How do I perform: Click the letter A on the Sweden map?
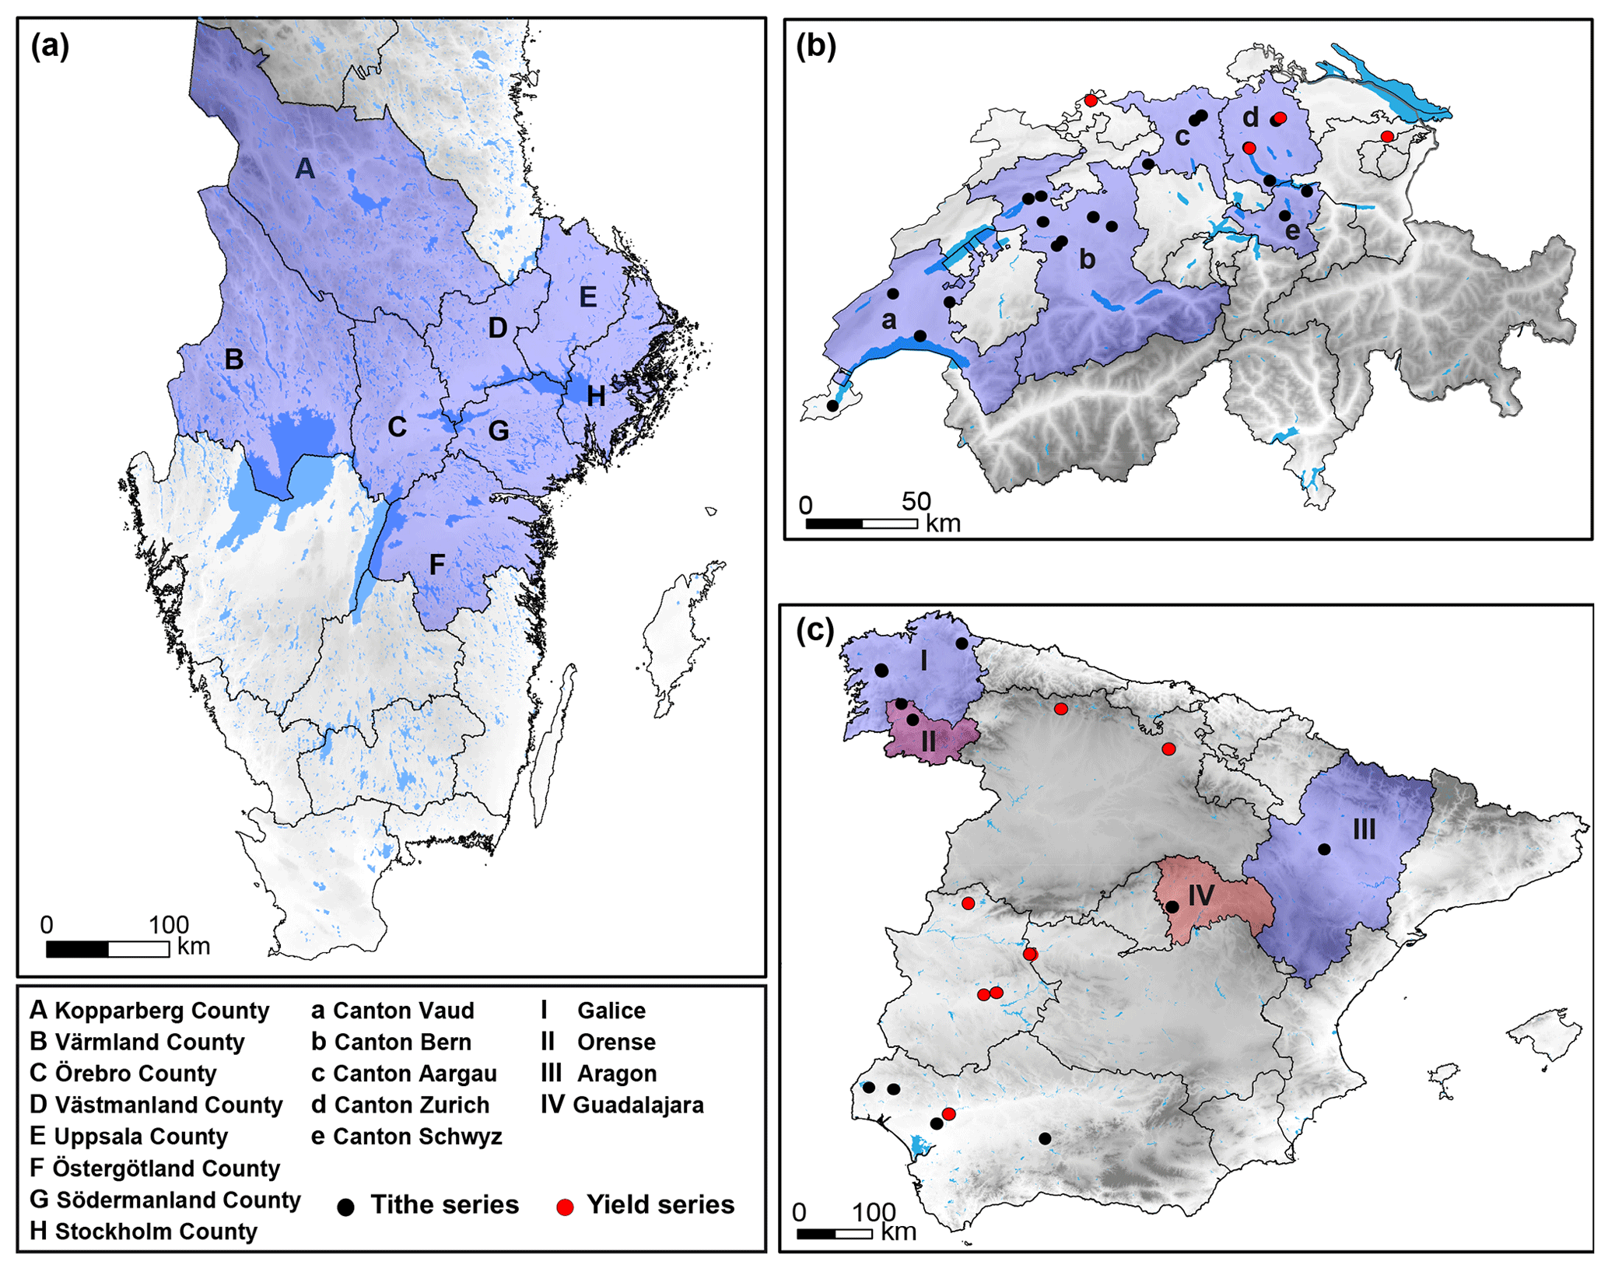click(x=305, y=167)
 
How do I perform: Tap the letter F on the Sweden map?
click(x=437, y=564)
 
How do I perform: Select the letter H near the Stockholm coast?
click(x=596, y=396)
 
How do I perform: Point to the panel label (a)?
click(x=50, y=47)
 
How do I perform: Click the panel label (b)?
click(x=816, y=47)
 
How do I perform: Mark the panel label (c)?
click(x=815, y=630)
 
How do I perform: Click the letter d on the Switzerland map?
click(x=1249, y=117)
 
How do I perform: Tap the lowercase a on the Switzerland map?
click(x=888, y=319)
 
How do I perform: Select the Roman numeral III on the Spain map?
click(x=1364, y=829)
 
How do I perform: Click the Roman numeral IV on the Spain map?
click(x=1200, y=895)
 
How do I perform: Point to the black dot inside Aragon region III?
click(x=1324, y=850)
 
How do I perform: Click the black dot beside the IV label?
click(x=1172, y=907)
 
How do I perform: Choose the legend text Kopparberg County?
click(x=162, y=1011)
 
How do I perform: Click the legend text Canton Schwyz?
click(x=417, y=1137)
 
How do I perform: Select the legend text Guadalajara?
click(x=638, y=1105)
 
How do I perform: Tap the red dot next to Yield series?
click(x=566, y=1207)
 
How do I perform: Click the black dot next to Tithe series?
click(x=346, y=1207)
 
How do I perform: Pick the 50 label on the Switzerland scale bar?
click(x=916, y=501)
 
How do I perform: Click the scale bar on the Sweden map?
click(x=108, y=949)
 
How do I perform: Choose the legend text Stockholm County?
click(x=156, y=1232)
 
